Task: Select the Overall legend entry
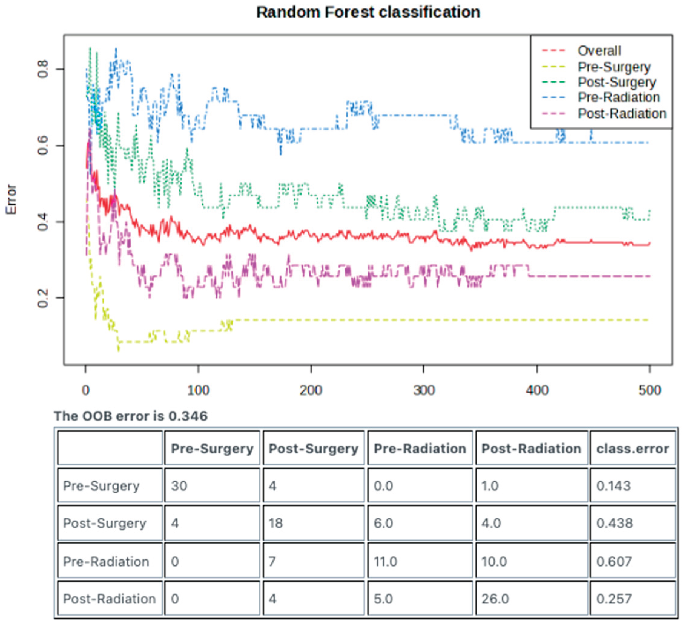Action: (599, 51)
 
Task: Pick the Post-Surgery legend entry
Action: (617, 82)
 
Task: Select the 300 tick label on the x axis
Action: (424, 390)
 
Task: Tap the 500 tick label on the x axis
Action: (649, 390)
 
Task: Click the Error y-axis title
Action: (11, 199)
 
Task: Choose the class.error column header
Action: (632, 449)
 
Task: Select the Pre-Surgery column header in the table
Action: (212, 449)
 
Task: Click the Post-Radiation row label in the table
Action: (109, 599)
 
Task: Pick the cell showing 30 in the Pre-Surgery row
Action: (179, 486)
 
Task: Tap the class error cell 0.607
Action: (614, 561)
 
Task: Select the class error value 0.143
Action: (613, 486)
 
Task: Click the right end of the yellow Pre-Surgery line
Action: (648, 320)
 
